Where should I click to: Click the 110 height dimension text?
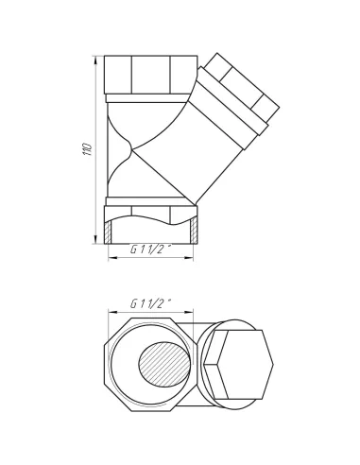[x=87, y=149]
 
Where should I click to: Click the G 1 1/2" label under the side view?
[x=150, y=250]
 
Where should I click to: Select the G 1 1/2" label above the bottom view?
[x=150, y=303]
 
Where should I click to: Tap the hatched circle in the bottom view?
[x=164, y=364]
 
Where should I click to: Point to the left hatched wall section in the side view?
[x=108, y=232]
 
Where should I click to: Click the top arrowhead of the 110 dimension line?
[x=95, y=60]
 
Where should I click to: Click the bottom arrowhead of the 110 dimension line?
[x=95, y=238]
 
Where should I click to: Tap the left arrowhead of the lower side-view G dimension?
[x=112, y=258]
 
